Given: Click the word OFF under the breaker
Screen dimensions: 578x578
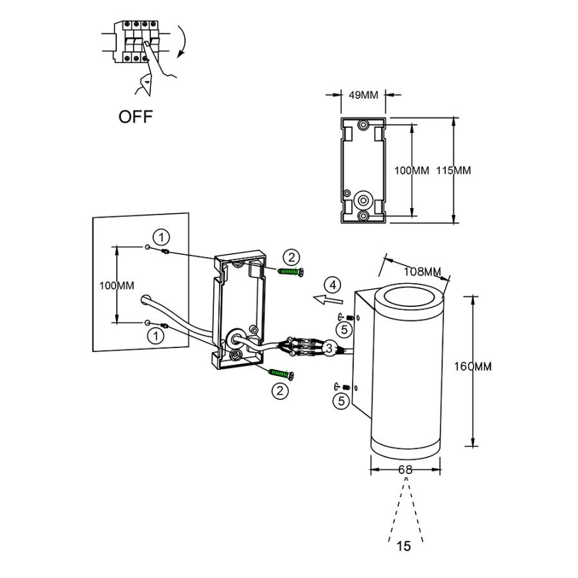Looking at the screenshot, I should pos(136,117).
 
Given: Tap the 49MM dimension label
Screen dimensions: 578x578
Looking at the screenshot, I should pos(363,96).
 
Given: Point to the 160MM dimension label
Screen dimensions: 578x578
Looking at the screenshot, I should pos(473,367).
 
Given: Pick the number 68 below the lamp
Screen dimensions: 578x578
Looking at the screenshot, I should pos(405,470).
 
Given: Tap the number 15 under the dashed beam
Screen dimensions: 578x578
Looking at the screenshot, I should pos(404,547).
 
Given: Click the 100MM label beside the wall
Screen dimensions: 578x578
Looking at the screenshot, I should pos(117,285).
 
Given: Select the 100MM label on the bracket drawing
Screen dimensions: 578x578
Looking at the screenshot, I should pos(411,171).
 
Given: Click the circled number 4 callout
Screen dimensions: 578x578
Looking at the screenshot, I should pos(331,284).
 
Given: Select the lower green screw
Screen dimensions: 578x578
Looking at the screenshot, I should pos(281,373).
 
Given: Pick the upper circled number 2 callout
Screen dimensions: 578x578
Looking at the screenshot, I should pos(292,258).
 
